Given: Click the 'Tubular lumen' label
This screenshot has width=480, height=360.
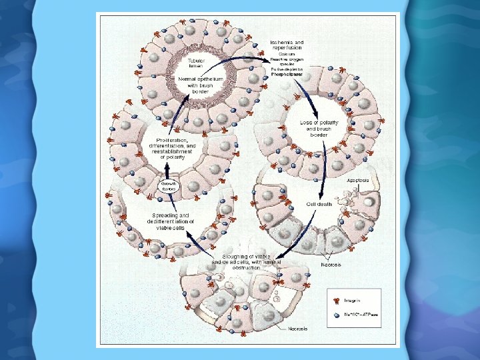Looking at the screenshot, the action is (x=197, y=63).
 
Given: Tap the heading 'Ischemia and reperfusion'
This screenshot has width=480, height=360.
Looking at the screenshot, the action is (x=287, y=45).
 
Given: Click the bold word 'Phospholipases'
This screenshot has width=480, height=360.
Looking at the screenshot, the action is (x=287, y=74).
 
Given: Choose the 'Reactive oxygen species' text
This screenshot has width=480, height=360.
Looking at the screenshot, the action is (x=286, y=62).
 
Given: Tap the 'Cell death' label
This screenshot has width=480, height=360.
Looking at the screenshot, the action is (x=319, y=203).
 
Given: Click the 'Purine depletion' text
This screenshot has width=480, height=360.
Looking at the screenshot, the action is (x=287, y=69).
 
